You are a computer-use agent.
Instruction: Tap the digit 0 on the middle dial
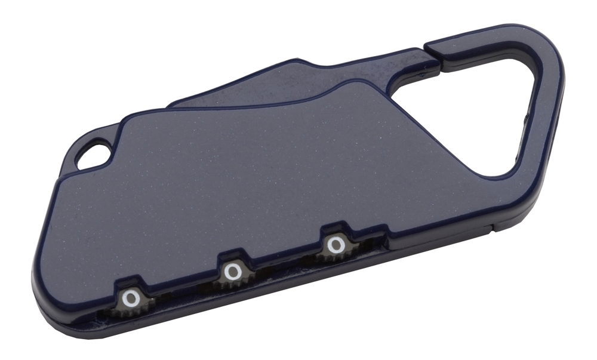(x=232, y=272)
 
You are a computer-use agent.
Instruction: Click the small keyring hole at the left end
(x=93, y=155)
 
